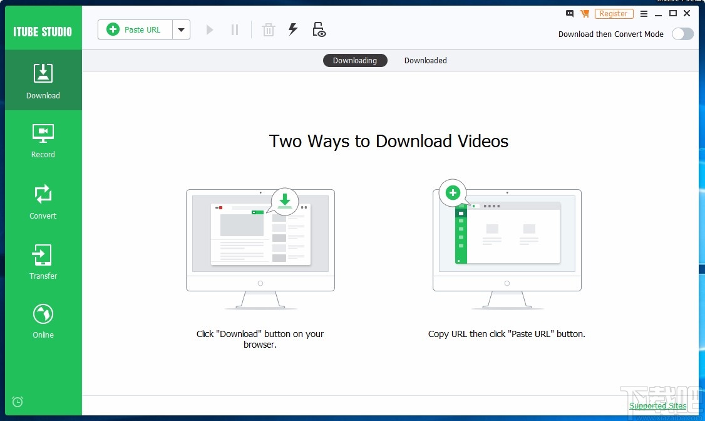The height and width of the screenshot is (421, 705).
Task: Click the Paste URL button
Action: tap(135, 29)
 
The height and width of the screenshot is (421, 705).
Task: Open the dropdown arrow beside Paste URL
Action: tap(181, 29)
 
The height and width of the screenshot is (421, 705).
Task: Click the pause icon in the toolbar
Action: tap(235, 29)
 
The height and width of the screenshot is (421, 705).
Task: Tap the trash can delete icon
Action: tap(268, 29)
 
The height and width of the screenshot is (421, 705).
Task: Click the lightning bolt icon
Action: tap(292, 29)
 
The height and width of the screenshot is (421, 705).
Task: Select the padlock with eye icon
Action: tap(319, 29)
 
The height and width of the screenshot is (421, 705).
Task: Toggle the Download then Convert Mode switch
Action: tap(682, 34)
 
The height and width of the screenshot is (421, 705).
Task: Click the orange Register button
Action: tap(614, 14)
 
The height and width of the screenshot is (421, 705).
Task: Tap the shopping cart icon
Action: tap(585, 14)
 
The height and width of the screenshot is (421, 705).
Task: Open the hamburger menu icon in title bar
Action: tap(644, 14)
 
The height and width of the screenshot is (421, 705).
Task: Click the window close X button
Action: tap(687, 14)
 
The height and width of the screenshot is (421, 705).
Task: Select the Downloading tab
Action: tap(355, 61)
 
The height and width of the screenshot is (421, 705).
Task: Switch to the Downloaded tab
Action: tap(425, 61)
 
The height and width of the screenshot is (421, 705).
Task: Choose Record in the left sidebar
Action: tap(43, 140)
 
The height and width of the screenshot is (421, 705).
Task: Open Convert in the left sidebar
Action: tap(43, 201)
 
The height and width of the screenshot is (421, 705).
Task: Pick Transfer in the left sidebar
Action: tap(43, 262)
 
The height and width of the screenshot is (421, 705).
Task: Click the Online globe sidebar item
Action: tap(43, 321)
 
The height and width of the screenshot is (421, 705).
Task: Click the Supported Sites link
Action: tap(657, 406)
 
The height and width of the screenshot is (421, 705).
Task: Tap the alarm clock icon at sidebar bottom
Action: tap(18, 402)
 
